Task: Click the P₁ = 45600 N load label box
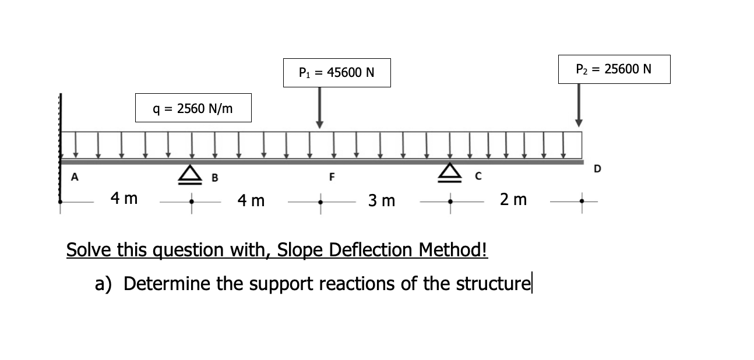pyautogui.click(x=336, y=73)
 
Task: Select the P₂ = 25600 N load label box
pyautogui.click(x=614, y=69)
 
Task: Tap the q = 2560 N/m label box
pyautogui.click(x=193, y=108)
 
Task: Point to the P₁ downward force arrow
pyautogui.click(x=319, y=107)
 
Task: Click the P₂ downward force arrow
pyautogui.click(x=579, y=105)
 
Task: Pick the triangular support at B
pyautogui.click(x=190, y=174)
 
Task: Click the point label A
pyautogui.click(x=74, y=177)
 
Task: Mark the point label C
pyautogui.click(x=476, y=176)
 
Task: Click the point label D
pyautogui.click(x=597, y=169)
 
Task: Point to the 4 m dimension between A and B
pyautogui.click(x=124, y=199)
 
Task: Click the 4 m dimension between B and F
pyautogui.click(x=251, y=201)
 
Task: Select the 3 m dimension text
pyautogui.click(x=382, y=201)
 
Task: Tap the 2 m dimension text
pyautogui.click(x=513, y=200)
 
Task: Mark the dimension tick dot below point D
pyautogui.click(x=579, y=202)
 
